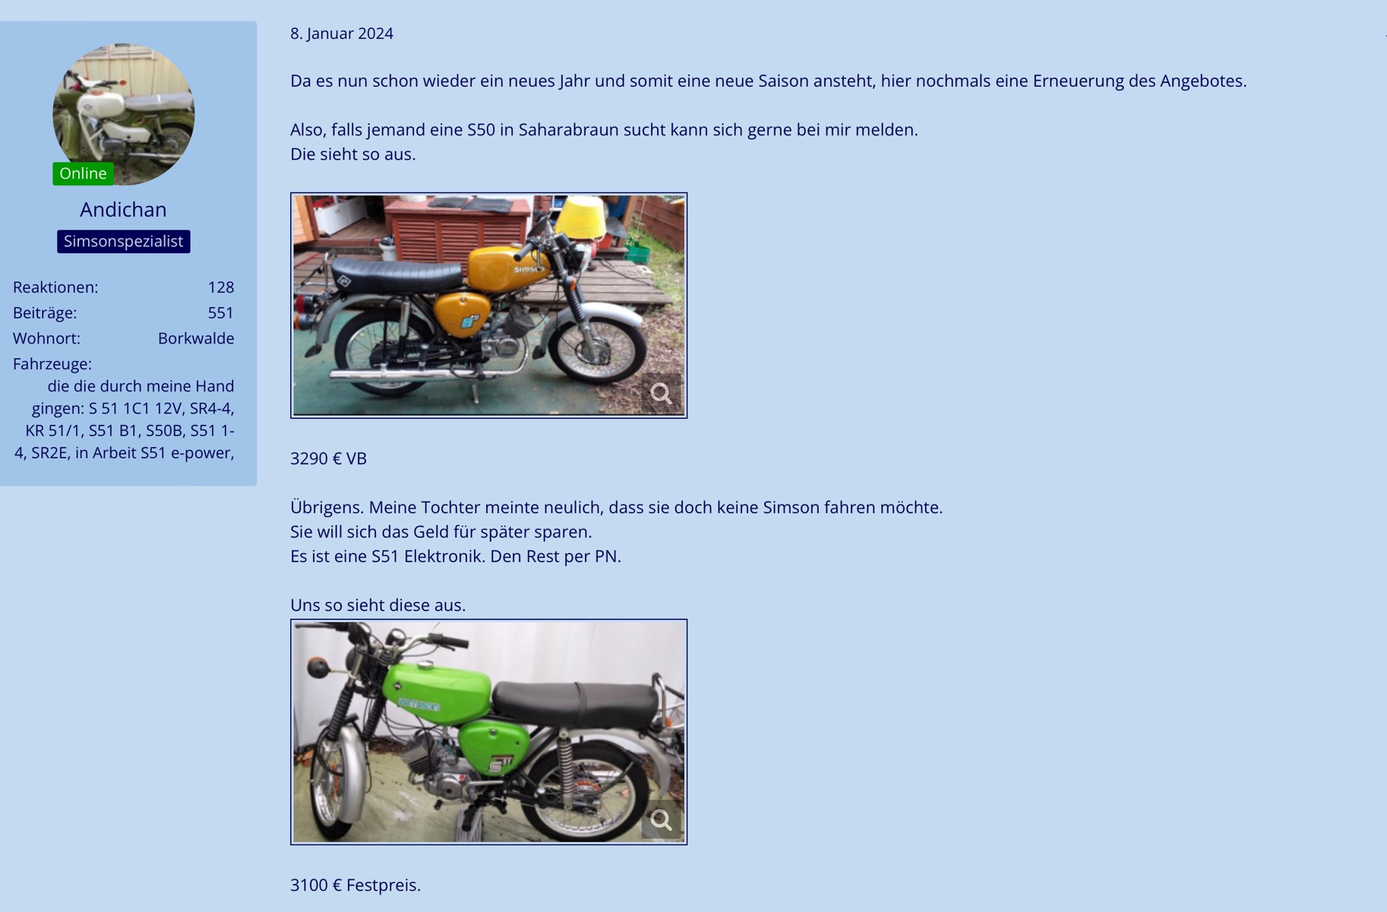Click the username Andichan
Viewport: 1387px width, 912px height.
point(123,209)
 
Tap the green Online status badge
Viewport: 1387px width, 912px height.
point(83,173)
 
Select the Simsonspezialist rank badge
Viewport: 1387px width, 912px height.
point(123,242)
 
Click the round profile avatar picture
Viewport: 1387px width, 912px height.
point(123,114)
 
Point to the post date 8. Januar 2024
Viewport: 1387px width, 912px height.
point(342,33)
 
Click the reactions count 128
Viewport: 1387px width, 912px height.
point(221,287)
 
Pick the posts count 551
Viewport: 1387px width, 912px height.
point(221,313)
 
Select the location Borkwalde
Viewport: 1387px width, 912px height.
point(196,338)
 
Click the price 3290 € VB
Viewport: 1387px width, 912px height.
point(328,458)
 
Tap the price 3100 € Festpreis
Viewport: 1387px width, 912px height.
point(355,885)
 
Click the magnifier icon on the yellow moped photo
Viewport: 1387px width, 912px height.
point(661,393)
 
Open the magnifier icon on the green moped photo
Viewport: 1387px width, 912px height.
point(661,820)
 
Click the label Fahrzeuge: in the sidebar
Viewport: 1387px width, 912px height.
point(52,364)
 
